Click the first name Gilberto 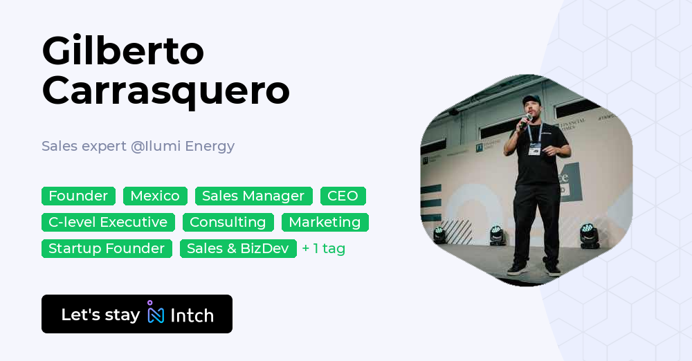[x=123, y=51]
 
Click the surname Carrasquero [x=165, y=91]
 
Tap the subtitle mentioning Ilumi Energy [x=138, y=146]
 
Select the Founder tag [x=78, y=196]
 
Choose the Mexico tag [x=155, y=196]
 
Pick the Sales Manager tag [x=253, y=196]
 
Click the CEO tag [x=343, y=196]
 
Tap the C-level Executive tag [x=108, y=222]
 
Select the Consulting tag [x=228, y=222]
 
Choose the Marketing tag [x=325, y=222]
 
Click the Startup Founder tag [x=107, y=248]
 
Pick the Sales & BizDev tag [x=237, y=248]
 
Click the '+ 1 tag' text [x=324, y=248]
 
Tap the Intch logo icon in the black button [x=156, y=313]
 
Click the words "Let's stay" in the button [x=100, y=315]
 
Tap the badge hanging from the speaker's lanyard [x=534, y=149]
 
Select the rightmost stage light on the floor [x=590, y=237]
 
